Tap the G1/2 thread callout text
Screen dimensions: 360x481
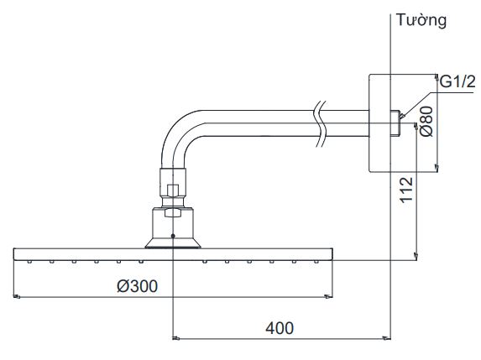pyautogui.click(x=458, y=81)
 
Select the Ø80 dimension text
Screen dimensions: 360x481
pyautogui.click(x=426, y=123)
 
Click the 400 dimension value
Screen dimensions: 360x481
pyautogui.click(x=280, y=328)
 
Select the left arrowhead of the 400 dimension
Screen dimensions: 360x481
pyautogui.click(x=175, y=338)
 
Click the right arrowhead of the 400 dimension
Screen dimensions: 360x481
pyautogui.click(x=388, y=338)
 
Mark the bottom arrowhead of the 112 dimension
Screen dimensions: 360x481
pyautogui.click(x=417, y=254)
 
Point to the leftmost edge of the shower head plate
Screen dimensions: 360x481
pyautogui.click(x=14, y=253)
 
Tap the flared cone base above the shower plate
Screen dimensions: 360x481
pyautogui.click(x=171, y=243)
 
